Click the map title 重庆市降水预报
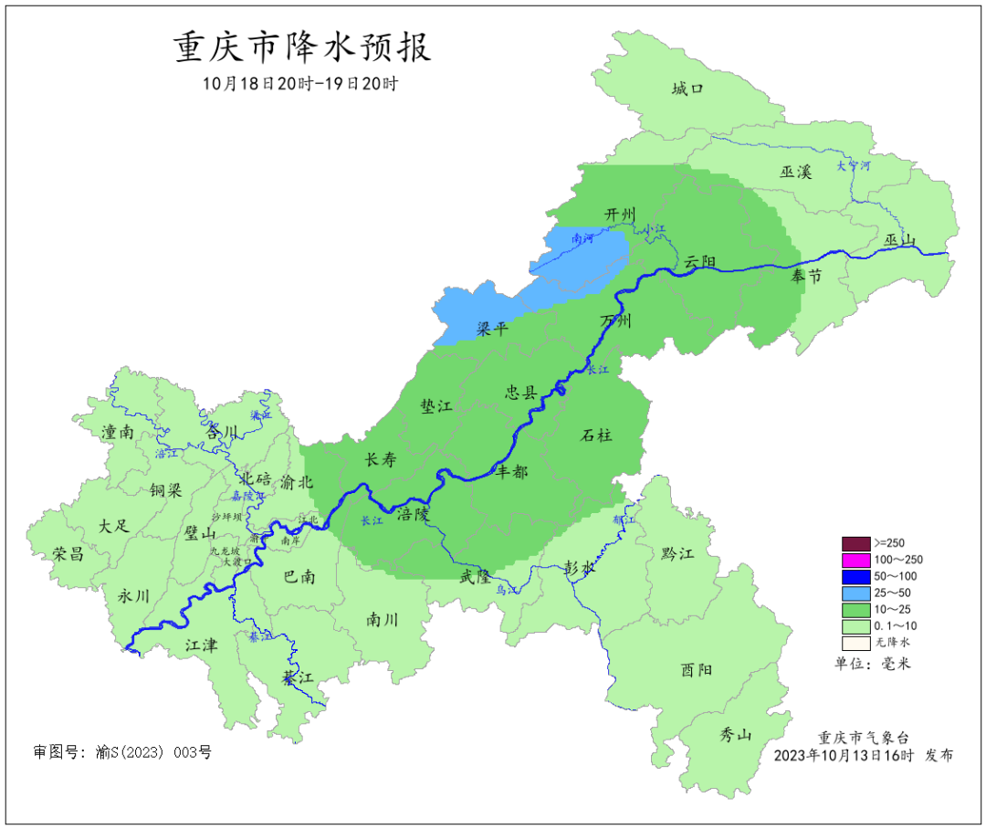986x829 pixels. coord(302,48)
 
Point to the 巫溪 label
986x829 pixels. coord(795,172)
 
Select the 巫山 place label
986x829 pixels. coord(899,240)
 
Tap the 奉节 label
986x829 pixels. coord(806,277)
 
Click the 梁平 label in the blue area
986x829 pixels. coord(493,329)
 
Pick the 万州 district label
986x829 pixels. coord(615,321)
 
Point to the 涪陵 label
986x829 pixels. coord(413,514)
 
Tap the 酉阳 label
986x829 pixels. coord(697,669)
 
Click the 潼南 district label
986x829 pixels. coord(119,432)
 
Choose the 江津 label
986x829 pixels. coord(201,645)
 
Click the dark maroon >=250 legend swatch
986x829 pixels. coord(855,542)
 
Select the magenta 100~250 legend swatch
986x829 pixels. coord(855,560)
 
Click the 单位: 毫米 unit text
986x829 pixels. coord(873,664)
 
